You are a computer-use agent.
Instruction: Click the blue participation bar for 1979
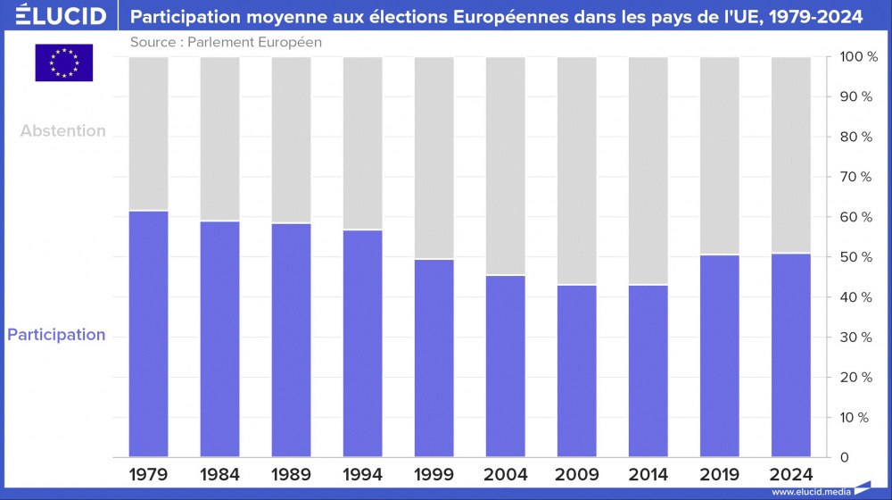coord(149,334)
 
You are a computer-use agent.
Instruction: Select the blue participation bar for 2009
coord(577,371)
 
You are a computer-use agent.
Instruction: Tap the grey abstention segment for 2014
coord(648,171)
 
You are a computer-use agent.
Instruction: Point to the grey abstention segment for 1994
coord(363,143)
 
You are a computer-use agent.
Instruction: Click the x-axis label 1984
coord(220,474)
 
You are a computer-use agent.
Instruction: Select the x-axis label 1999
coord(434,474)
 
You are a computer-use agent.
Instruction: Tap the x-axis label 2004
coord(506,474)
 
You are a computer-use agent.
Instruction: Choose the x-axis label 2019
coord(720,474)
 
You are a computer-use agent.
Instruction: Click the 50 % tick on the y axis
coord(855,257)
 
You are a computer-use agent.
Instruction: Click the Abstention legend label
coord(63,130)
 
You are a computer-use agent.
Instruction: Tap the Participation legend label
coord(56,335)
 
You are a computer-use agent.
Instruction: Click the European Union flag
coord(63,63)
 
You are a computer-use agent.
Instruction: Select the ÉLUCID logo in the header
coord(54,17)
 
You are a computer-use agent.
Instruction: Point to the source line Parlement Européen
coord(226,42)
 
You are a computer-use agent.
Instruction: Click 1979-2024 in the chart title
coord(815,17)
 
